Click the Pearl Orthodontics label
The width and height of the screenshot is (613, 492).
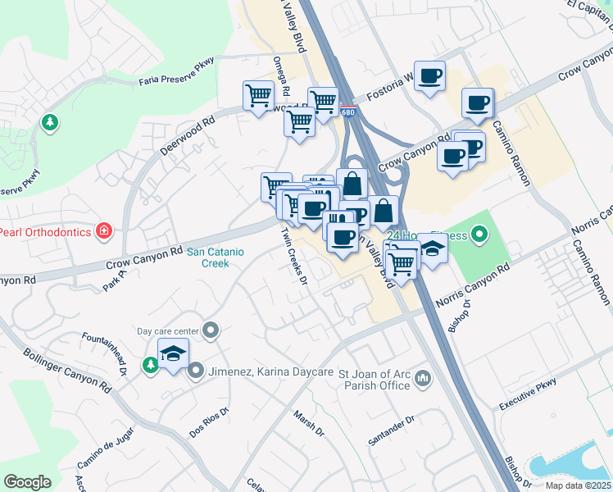45,232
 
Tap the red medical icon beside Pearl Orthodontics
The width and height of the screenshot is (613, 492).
103,230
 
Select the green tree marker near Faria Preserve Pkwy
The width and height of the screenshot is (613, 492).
51,123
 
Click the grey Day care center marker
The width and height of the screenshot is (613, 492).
211,330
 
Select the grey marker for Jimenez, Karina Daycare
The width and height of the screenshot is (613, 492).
196,371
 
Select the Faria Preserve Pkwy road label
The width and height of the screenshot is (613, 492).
176,80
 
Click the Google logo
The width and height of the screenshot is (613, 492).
27,482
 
